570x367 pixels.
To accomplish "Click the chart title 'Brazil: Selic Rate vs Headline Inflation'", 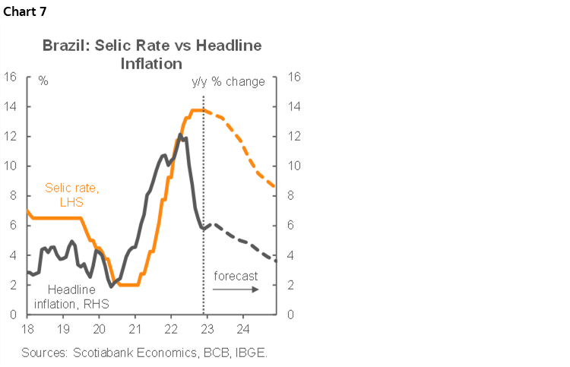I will pos(152,54).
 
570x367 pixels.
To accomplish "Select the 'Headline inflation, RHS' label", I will pos(72,296).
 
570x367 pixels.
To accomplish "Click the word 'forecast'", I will pos(236,276).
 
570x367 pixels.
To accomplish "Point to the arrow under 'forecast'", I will pos(235,289).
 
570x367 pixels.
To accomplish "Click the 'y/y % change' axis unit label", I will pos(228,81).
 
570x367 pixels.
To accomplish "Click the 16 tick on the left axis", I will pos(11,77).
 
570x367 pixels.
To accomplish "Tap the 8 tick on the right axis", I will pos(293,195).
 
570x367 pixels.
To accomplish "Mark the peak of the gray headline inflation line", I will pos(180,134).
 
